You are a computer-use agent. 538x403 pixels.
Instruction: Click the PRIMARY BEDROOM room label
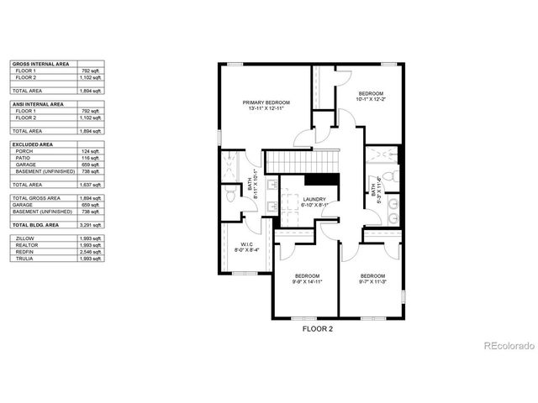tap(266, 101)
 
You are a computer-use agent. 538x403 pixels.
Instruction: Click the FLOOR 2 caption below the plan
tap(318, 330)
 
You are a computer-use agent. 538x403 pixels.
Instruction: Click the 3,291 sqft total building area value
tap(92, 225)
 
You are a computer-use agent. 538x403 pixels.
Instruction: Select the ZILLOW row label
tap(24, 238)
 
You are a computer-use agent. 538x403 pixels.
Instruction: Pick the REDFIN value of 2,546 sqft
tap(92, 252)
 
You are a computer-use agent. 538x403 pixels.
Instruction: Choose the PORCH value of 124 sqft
tap(92, 151)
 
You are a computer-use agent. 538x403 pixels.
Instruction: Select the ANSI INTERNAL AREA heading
tap(37, 104)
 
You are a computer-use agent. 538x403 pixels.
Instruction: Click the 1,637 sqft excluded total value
tap(92, 185)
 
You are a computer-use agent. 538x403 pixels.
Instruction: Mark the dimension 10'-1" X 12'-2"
tap(371, 99)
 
